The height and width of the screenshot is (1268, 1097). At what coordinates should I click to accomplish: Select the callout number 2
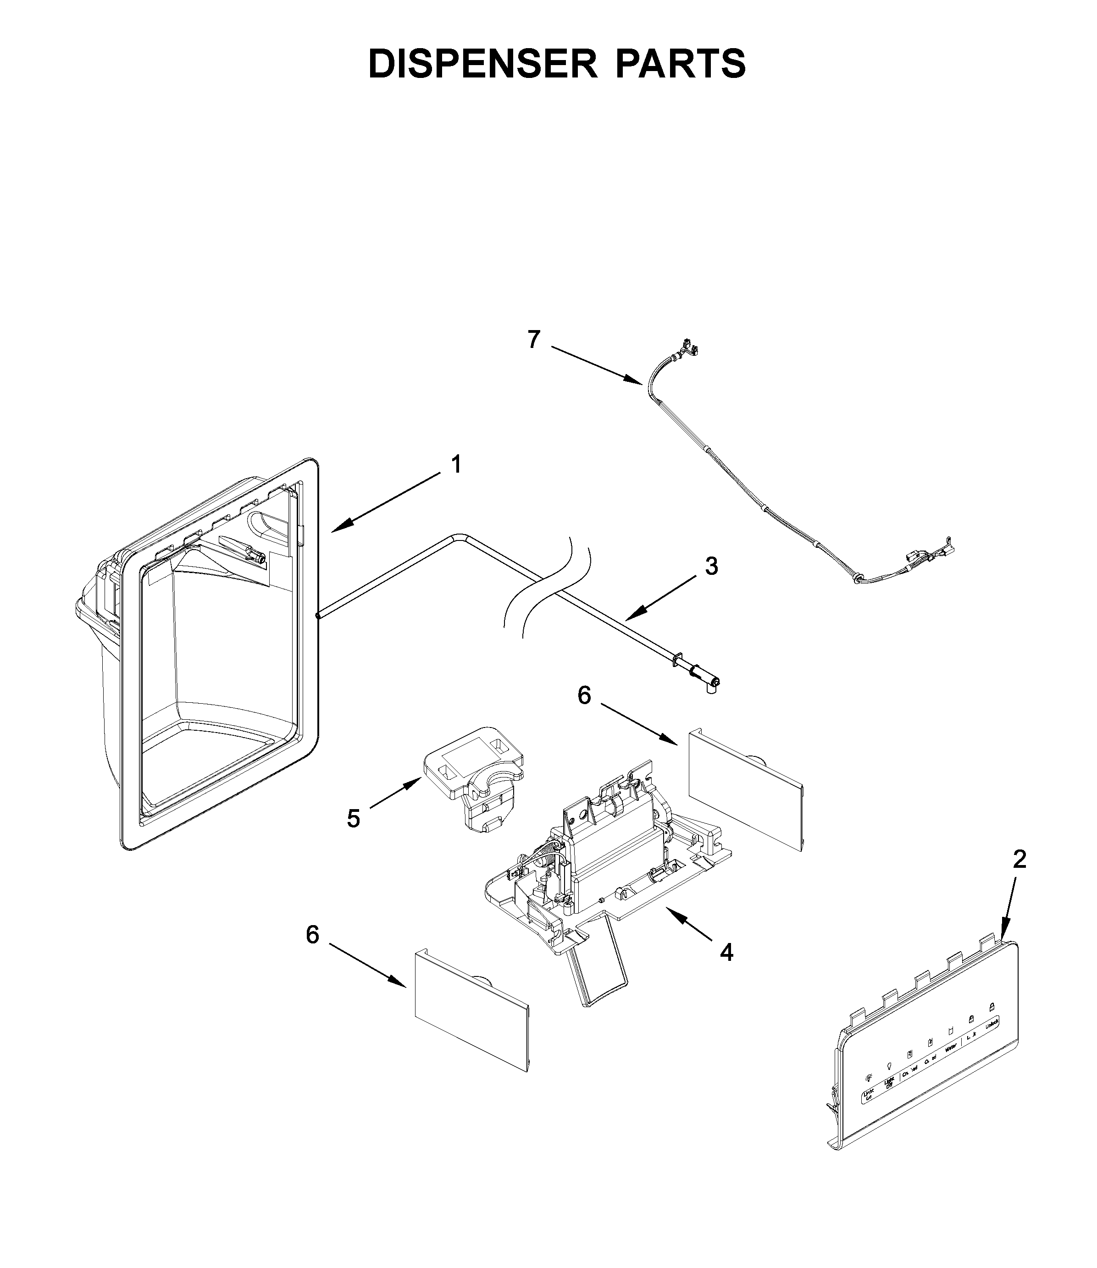click(x=1019, y=860)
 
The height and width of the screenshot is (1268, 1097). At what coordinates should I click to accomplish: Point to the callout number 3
click(x=711, y=566)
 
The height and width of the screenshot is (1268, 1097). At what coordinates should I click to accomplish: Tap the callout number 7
click(x=534, y=339)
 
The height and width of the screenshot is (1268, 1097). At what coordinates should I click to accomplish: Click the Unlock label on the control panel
click(x=992, y=1024)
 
